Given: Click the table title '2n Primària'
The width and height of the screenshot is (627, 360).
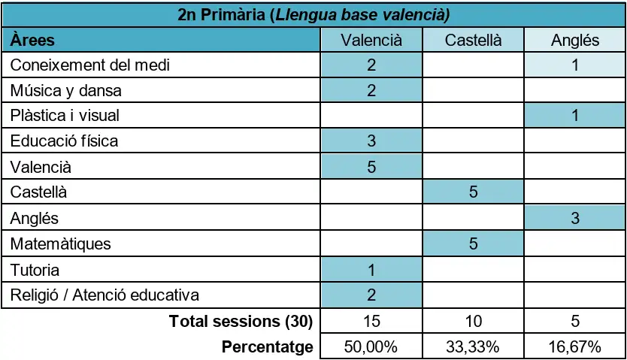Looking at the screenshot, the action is coord(221,15).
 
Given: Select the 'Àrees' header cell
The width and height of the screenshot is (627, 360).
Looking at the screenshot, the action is coord(32,40).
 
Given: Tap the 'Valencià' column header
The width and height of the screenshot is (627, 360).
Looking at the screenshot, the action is coord(371,41).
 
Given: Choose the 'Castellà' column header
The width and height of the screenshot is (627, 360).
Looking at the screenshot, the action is coord(473,41).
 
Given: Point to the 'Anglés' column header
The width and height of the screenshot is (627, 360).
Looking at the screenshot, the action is coord(575,41).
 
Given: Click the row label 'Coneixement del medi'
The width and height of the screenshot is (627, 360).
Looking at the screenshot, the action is coord(90,65).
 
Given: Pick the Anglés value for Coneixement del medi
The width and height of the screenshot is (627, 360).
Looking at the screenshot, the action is coord(575,65).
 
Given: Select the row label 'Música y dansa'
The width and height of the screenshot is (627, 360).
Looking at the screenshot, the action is coord(66,91).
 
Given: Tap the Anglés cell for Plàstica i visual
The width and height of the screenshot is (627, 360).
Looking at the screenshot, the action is coord(575,116).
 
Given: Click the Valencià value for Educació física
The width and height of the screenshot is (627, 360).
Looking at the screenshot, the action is coord(371,141).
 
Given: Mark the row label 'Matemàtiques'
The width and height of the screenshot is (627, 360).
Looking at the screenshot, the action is coord(60,244).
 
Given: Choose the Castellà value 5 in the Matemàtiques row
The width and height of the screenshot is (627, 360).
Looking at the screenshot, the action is coord(473,244).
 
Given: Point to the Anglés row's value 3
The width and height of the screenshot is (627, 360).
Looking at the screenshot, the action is coord(575,218).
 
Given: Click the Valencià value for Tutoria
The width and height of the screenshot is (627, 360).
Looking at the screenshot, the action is coord(371,270).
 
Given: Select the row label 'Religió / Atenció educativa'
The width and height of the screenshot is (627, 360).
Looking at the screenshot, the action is coord(104,295).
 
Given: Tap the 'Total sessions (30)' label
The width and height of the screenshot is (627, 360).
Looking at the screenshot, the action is coord(241,321).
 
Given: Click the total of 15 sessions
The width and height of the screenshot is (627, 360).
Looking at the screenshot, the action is coord(371,321).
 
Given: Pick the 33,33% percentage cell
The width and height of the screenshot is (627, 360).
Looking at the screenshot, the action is coord(473,346).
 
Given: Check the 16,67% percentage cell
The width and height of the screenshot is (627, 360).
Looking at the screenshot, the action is coord(574,346).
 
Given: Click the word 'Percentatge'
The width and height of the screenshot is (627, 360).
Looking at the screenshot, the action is coord(268,346).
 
